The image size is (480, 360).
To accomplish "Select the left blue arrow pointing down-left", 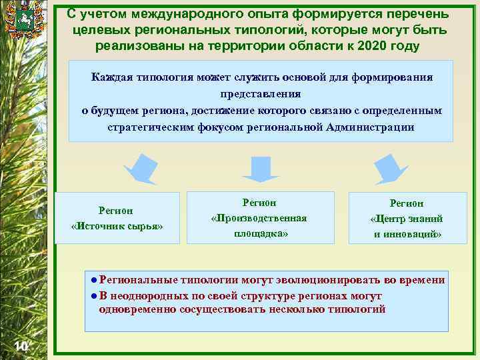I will pyautogui.click(x=142, y=169).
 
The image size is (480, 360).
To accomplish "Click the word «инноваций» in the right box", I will pyautogui.click(x=413, y=234).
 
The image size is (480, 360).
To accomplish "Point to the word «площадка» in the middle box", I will pyautogui.click(x=261, y=233).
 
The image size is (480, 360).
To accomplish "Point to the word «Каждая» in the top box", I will pyautogui.click(x=113, y=77).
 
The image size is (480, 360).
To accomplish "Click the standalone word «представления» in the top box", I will pyautogui.click(x=261, y=93).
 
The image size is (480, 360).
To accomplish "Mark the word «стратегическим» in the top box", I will pyautogui.click(x=151, y=127).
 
